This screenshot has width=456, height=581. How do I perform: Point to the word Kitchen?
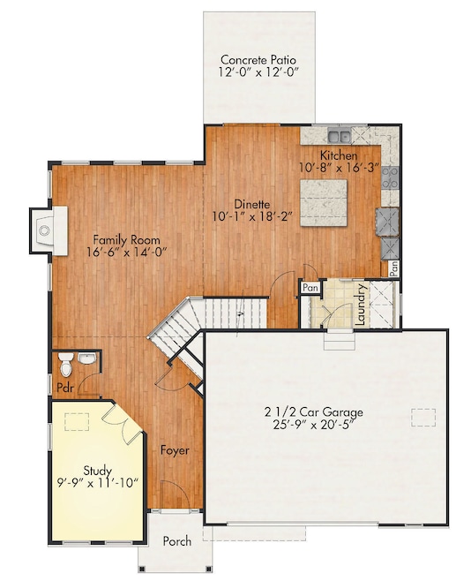click(338, 155)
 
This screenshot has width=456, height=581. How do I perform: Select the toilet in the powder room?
click(86, 358)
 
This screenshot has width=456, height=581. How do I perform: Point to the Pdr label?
click(64, 388)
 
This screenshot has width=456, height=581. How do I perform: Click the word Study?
click(97, 470)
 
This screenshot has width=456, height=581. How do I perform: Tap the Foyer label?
click(175, 450)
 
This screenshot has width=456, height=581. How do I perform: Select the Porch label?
click(176, 541)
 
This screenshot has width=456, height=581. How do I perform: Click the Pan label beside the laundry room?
click(310, 287)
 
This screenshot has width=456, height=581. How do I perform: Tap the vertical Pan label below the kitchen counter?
click(394, 267)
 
